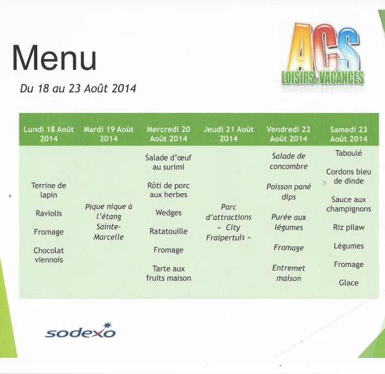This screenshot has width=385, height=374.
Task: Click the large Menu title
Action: (x=54, y=58)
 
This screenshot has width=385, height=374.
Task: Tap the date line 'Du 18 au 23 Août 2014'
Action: (x=78, y=89)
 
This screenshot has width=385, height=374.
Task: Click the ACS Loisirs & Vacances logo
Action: (x=323, y=55)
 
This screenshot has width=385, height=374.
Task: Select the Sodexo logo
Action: (x=80, y=330)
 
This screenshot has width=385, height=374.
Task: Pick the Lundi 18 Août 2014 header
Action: (x=49, y=134)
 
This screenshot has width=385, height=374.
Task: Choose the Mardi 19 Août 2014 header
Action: (x=108, y=134)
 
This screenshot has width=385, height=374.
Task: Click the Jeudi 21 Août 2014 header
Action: (x=228, y=134)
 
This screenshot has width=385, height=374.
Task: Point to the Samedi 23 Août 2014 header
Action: (x=348, y=134)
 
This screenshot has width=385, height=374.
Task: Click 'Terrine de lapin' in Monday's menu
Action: (x=49, y=190)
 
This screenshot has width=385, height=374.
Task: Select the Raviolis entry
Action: (x=49, y=213)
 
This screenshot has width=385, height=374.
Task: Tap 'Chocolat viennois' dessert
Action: (x=49, y=255)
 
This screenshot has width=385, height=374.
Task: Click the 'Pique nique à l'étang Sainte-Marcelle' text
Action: (x=108, y=222)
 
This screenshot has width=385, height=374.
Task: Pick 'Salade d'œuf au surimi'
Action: (x=168, y=162)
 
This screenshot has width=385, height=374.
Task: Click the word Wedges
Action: (x=168, y=213)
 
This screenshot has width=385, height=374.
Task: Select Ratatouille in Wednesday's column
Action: (x=168, y=231)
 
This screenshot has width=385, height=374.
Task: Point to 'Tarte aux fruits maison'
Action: (x=168, y=273)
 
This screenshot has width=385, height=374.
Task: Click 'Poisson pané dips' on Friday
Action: (x=289, y=192)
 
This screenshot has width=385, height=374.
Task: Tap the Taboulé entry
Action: (x=348, y=153)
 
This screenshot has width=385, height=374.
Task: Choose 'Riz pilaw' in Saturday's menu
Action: (x=348, y=228)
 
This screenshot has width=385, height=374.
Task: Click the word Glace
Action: (x=348, y=283)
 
